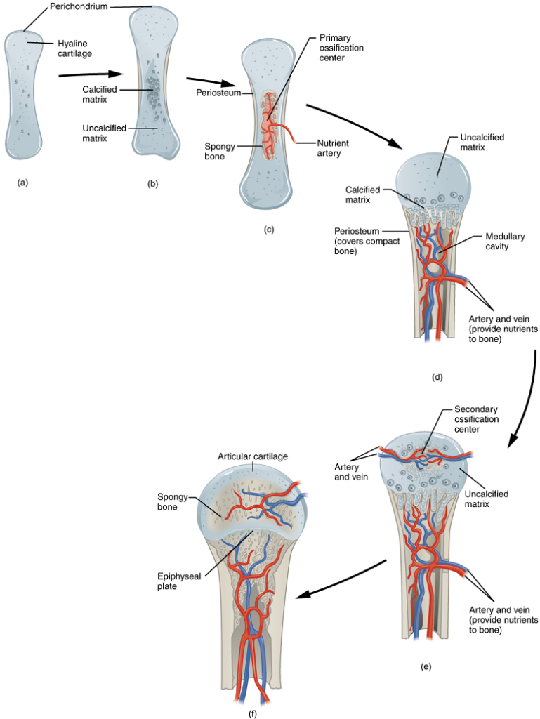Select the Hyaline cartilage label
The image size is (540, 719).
coord(75,48)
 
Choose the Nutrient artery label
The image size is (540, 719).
coord(332,148)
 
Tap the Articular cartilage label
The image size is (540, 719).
coord(252,456)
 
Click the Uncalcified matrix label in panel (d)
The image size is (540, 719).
coord(482,143)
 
